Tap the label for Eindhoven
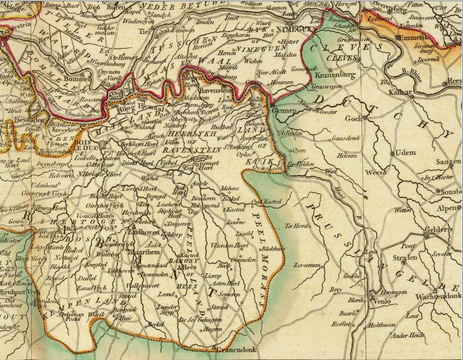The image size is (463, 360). [x=144, y=232]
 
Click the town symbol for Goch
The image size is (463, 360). [x=365, y=118]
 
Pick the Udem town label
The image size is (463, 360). [x=405, y=153]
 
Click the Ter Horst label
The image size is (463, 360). [x=296, y=226]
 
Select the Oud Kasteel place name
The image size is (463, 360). [x=267, y=201]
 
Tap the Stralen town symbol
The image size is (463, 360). [x=404, y=262]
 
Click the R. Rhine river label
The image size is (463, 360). [x=411, y=75]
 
